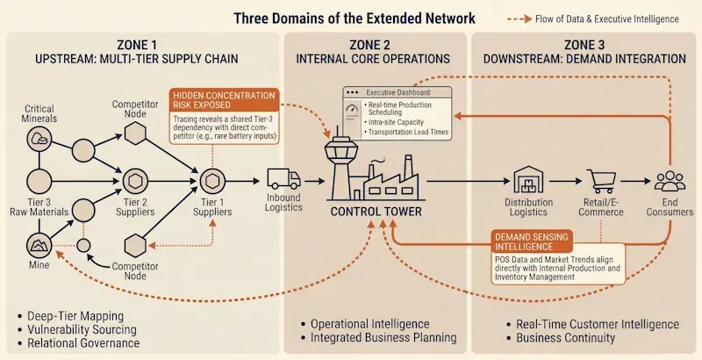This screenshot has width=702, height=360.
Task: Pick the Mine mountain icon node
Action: [39, 243]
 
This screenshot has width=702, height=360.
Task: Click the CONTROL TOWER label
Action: [376, 212]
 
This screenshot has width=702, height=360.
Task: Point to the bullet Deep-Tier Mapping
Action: [75, 315]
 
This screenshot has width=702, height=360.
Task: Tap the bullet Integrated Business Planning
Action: [382, 338]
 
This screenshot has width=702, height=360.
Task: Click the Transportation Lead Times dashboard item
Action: [416, 132]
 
